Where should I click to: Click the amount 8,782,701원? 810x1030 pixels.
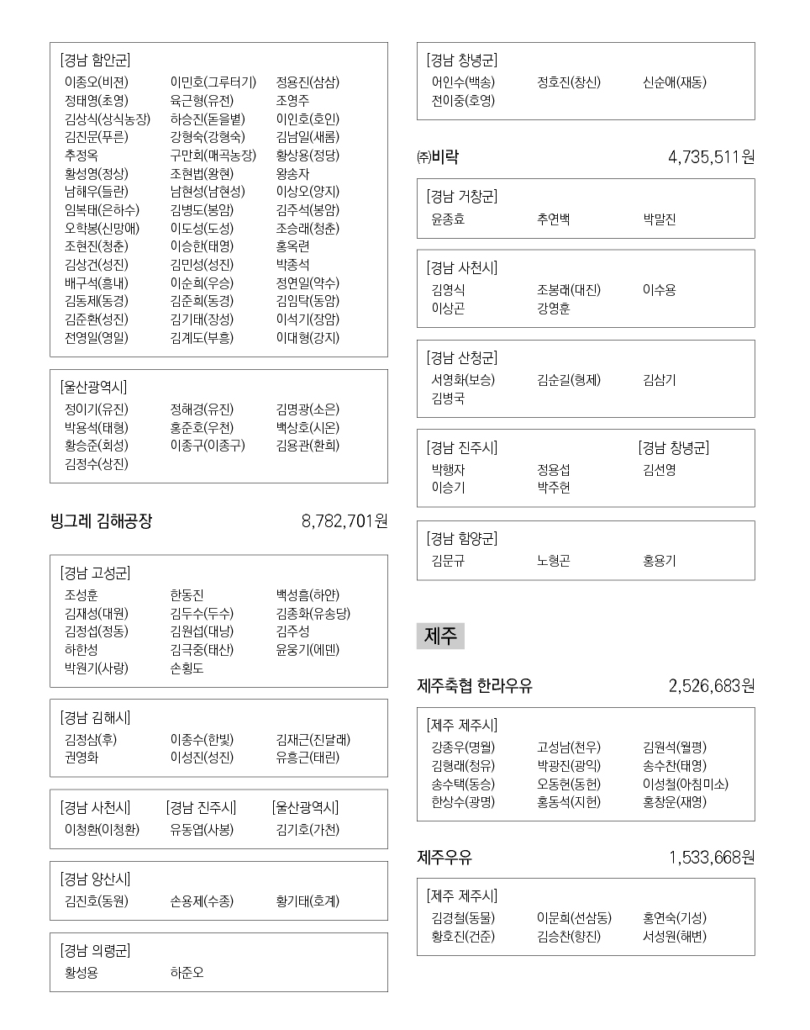(x=344, y=521)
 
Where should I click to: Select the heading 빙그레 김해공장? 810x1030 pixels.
(x=101, y=521)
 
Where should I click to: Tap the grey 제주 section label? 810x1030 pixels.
(x=440, y=636)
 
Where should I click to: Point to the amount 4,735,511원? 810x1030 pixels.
(x=711, y=157)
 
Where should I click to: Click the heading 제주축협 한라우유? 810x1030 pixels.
(x=475, y=686)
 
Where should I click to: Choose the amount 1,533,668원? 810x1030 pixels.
(x=711, y=858)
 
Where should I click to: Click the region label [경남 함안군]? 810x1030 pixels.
(x=95, y=61)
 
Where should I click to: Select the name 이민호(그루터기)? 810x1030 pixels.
(x=213, y=82)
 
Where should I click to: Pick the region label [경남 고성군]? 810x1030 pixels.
(x=95, y=573)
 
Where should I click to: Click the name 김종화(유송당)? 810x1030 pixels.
(x=313, y=613)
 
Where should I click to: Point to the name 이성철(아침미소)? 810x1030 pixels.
(x=685, y=784)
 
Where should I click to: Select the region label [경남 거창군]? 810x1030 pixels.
(x=462, y=197)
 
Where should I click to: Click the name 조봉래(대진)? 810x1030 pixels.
(x=569, y=290)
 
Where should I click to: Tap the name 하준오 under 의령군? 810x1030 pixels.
(x=187, y=973)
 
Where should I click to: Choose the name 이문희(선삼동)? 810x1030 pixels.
(x=574, y=918)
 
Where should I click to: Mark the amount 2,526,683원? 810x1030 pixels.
(x=711, y=686)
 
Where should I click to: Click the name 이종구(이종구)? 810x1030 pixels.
(x=208, y=446)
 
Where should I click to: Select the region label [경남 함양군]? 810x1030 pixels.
(x=462, y=539)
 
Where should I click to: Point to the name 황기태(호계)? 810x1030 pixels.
(x=308, y=901)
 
